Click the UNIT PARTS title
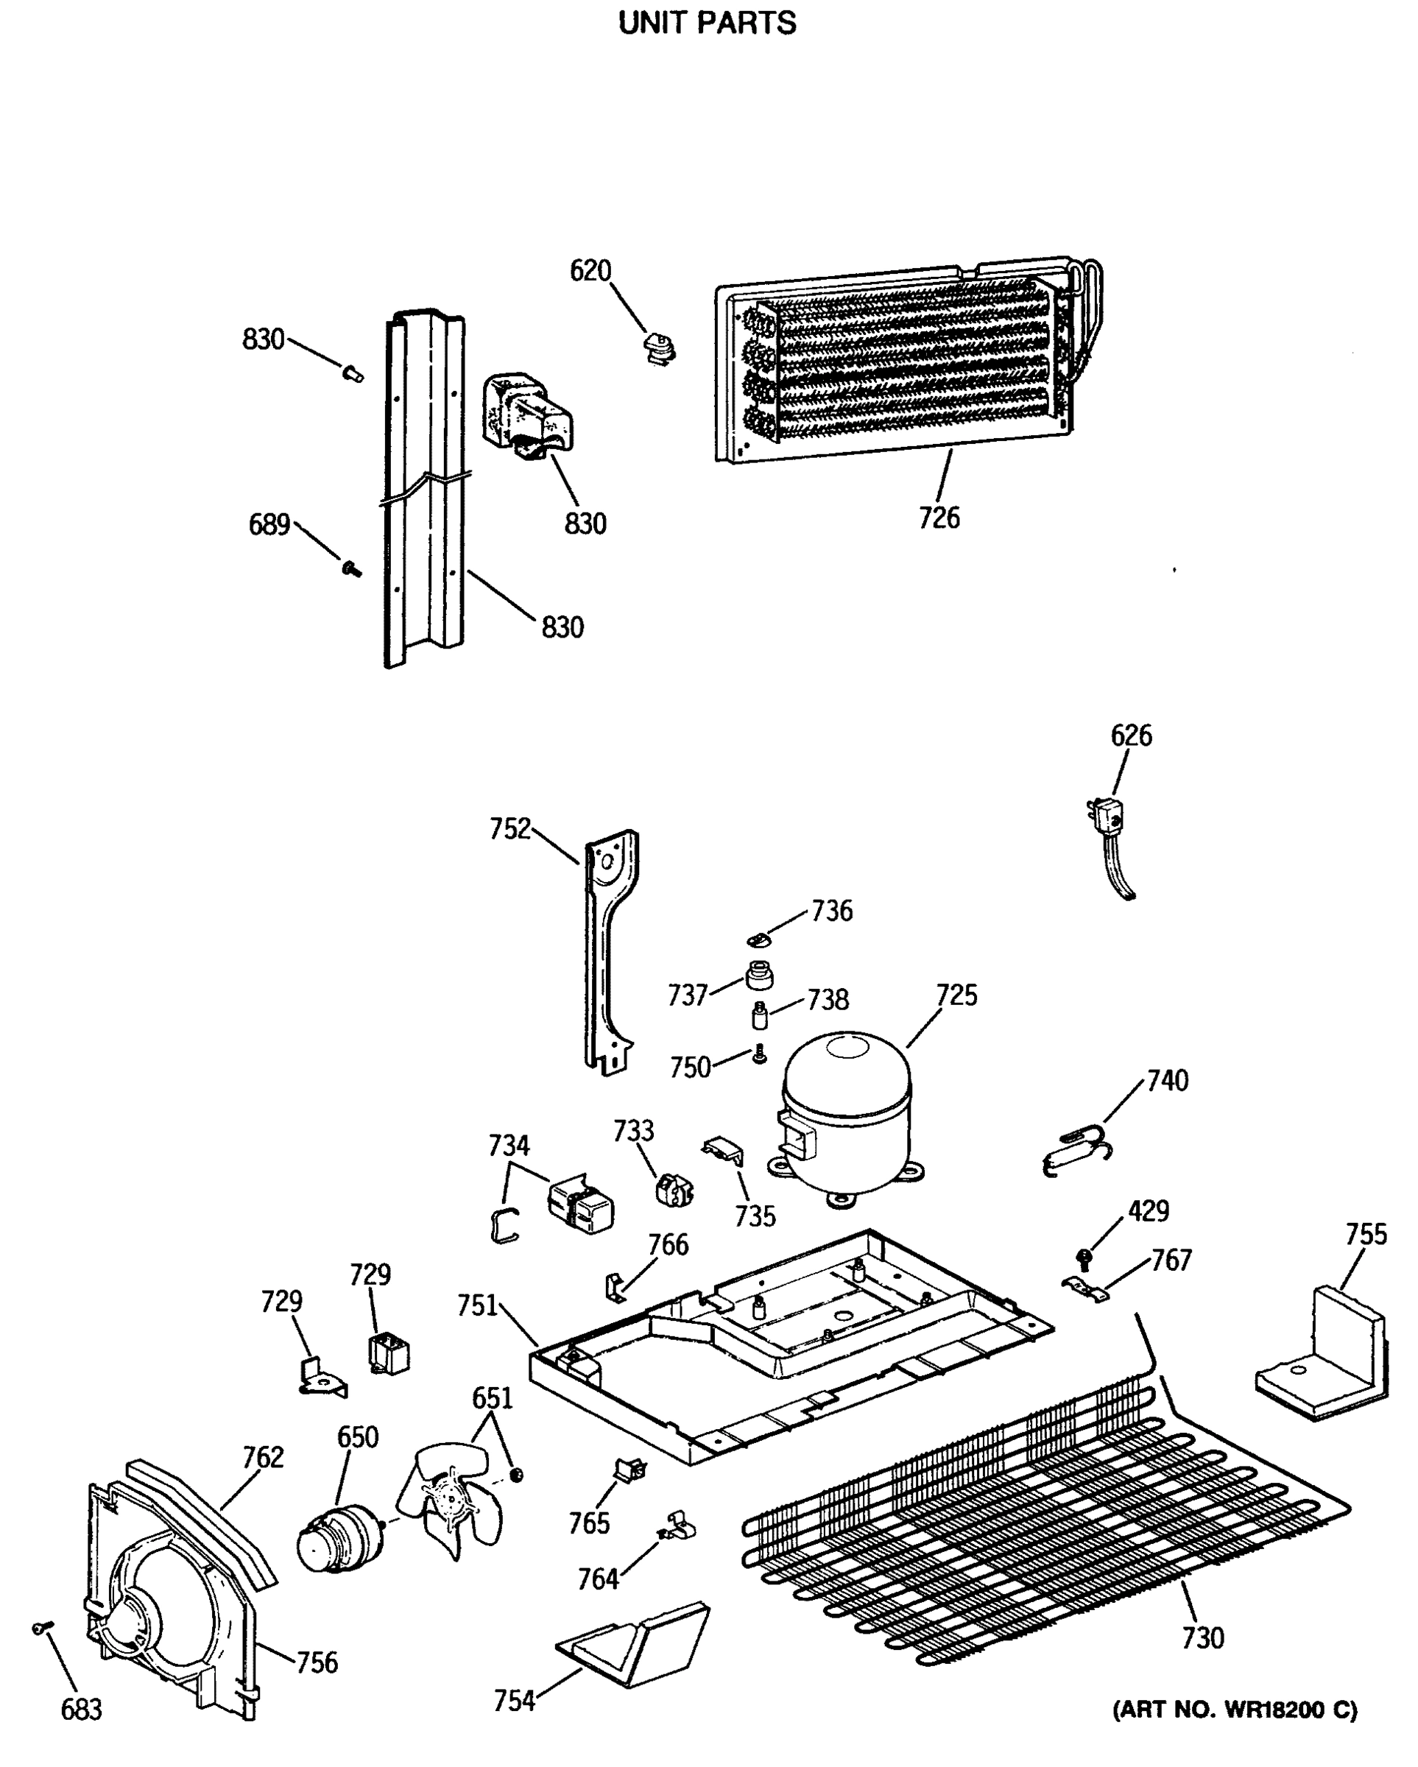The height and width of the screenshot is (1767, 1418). (x=707, y=23)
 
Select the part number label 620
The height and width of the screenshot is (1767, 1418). (x=590, y=270)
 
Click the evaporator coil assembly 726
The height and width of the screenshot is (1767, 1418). (x=902, y=369)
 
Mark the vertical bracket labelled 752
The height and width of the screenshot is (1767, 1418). (x=610, y=950)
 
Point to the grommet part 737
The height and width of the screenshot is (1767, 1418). (x=759, y=976)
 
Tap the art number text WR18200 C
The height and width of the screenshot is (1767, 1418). (x=1235, y=1710)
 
